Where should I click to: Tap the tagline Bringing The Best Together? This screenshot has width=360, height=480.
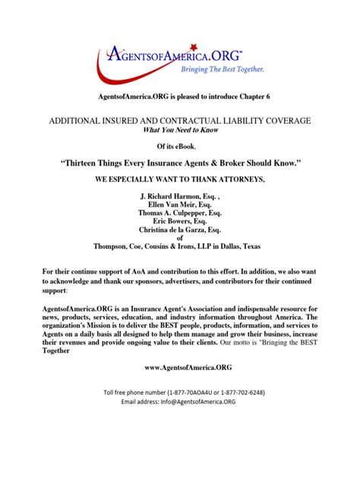click(221, 69)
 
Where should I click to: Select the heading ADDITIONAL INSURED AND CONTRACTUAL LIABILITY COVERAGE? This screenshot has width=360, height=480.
click(180, 121)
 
